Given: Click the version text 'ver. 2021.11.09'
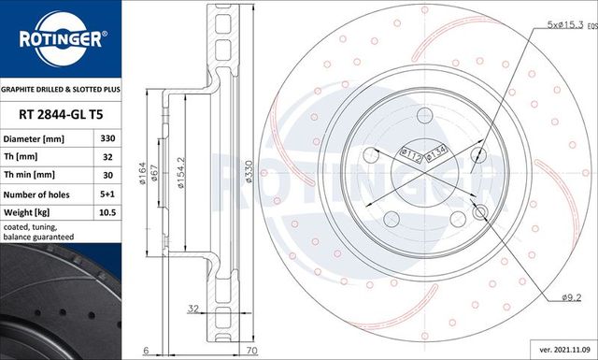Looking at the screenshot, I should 559,348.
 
